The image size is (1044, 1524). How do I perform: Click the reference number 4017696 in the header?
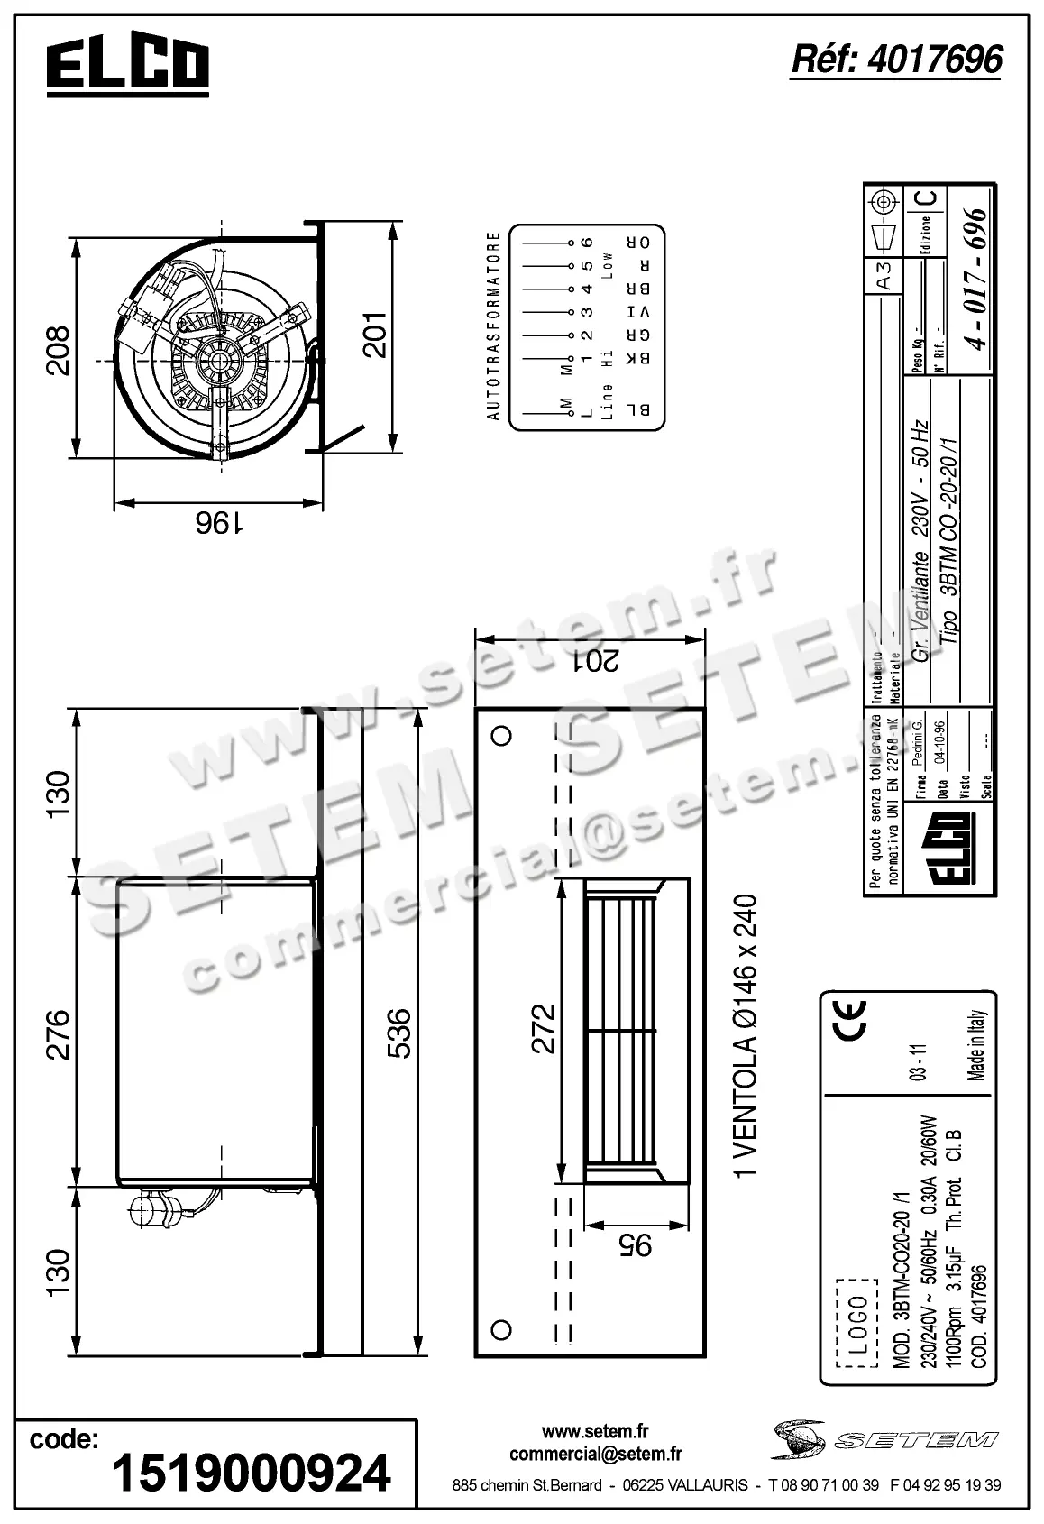tap(896, 60)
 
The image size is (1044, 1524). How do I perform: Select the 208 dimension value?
tap(57, 350)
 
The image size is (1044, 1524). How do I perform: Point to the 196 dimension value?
tap(216, 523)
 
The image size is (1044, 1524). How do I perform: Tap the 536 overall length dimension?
tap(398, 1033)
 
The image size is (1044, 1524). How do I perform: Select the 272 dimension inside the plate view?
tap(543, 1029)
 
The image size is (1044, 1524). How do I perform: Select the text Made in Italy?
tap(977, 1046)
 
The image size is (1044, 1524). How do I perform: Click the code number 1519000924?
tap(251, 1474)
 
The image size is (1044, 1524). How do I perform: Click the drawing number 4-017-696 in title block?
tap(975, 278)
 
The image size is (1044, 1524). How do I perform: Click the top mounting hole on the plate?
tap(502, 735)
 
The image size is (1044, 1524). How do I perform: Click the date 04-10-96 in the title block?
tap(941, 741)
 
